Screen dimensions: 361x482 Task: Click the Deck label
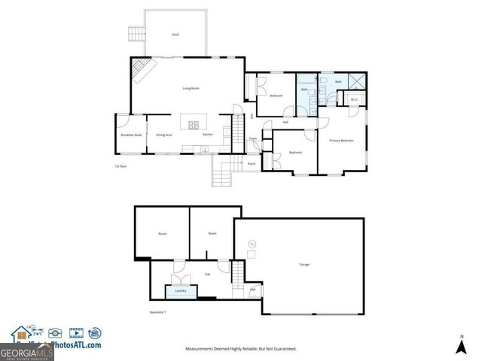click(x=175, y=35)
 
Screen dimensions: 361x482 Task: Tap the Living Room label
click(x=191, y=89)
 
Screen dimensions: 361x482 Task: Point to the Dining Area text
click(x=163, y=135)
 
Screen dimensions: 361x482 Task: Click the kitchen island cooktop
click(x=191, y=125)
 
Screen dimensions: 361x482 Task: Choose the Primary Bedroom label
click(x=341, y=141)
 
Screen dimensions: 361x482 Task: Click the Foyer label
click(x=254, y=139)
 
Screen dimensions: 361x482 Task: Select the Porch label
click(x=252, y=163)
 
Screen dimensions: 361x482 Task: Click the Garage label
click(x=304, y=264)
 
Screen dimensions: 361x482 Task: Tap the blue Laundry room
click(x=181, y=290)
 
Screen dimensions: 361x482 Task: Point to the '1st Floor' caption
click(x=120, y=165)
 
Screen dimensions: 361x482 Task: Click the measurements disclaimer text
click(x=241, y=349)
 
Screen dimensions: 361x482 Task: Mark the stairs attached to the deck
click(x=136, y=35)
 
